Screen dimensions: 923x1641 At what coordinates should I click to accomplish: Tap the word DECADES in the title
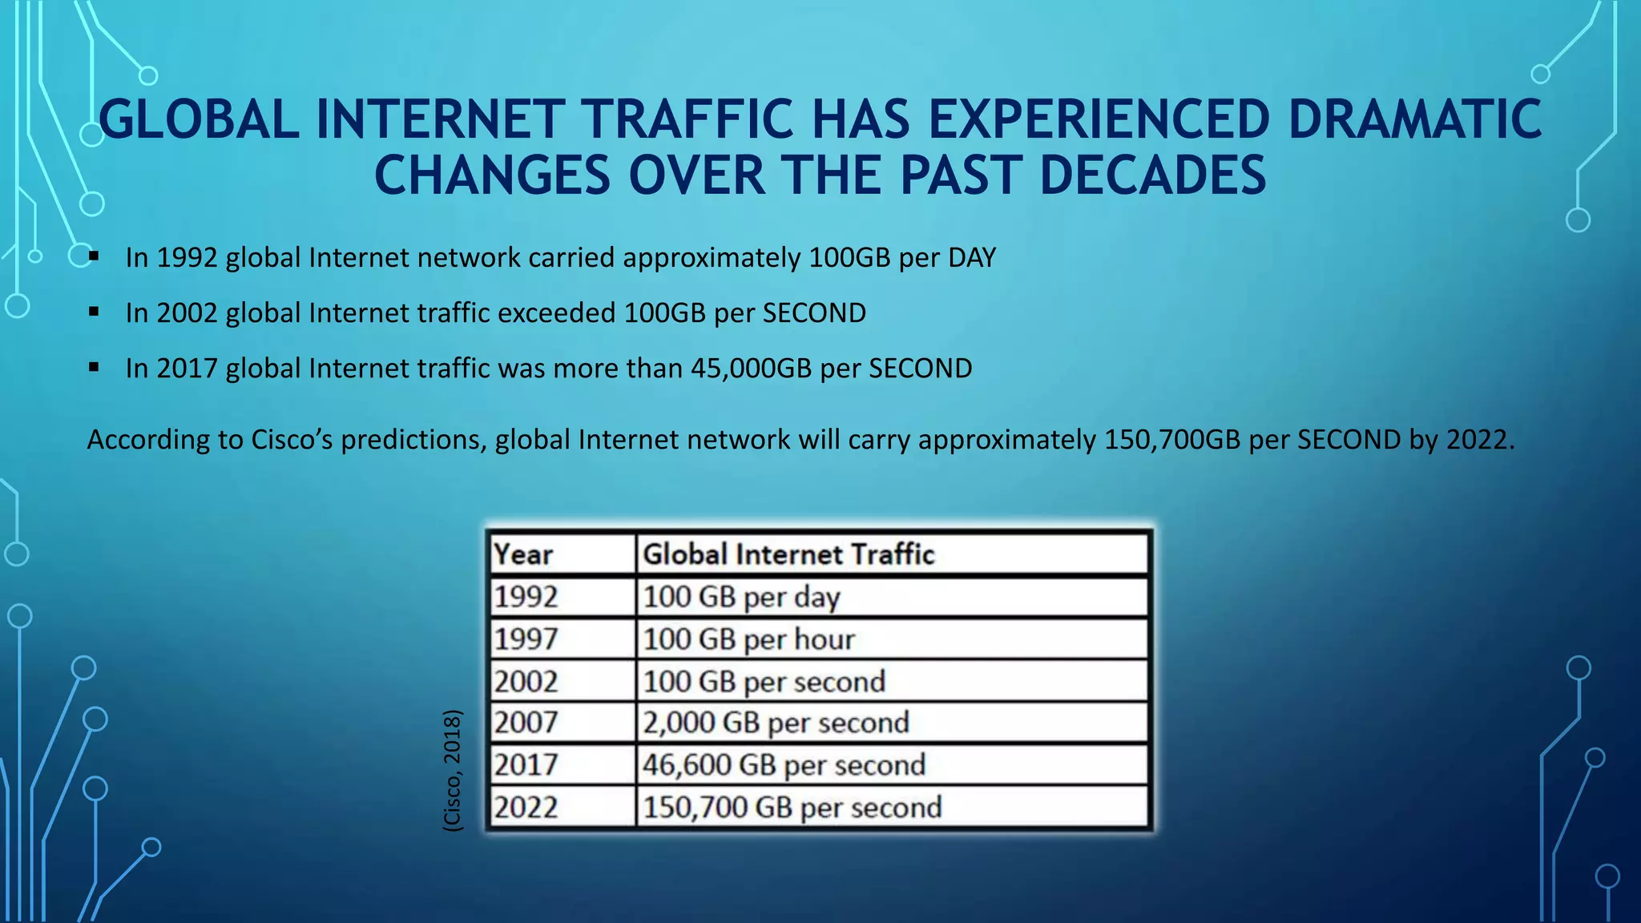click(x=1152, y=175)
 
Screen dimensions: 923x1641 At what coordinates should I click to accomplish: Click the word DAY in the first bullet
click(x=972, y=258)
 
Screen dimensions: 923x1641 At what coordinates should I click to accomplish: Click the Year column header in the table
click(x=523, y=554)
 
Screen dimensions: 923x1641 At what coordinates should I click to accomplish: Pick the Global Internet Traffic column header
click(x=788, y=554)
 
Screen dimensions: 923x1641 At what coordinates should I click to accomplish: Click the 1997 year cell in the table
click(x=526, y=639)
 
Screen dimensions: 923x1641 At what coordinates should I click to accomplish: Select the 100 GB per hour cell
click(x=748, y=639)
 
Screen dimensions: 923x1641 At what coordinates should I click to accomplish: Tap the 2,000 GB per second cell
click(x=776, y=723)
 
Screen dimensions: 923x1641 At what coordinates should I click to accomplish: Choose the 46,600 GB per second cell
click(x=784, y=765)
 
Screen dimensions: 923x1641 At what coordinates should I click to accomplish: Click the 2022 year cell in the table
click(x=526, y=807)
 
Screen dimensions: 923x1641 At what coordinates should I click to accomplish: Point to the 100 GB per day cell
click(x=741, y=598)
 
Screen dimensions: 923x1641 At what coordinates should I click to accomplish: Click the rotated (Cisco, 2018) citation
click(x=453, y=770)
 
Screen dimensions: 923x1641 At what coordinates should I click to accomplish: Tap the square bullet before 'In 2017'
click(x=94, y=368)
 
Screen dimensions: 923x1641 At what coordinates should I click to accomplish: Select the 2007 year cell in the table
click(x=526, y=723)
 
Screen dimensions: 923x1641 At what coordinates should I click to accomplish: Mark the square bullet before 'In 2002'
click(x=94, y=312)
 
